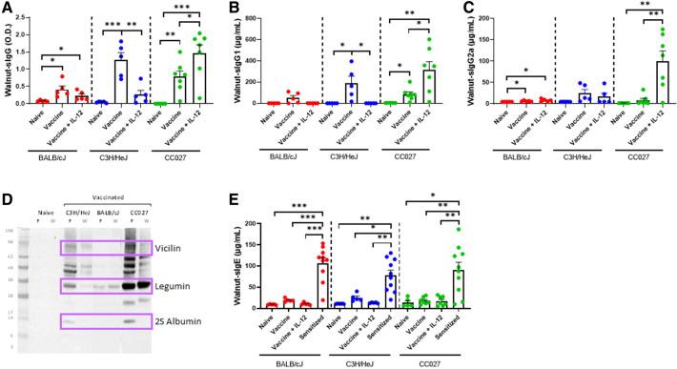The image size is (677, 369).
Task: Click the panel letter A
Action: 8,9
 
